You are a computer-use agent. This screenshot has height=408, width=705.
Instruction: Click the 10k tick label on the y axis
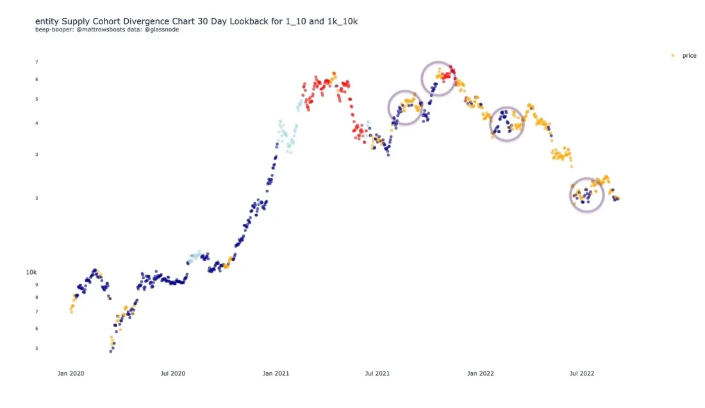(x=31, y=272)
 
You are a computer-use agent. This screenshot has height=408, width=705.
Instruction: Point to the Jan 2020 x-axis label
(x=70, y=373)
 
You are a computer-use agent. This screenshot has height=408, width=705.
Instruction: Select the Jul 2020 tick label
(x=172, y=373)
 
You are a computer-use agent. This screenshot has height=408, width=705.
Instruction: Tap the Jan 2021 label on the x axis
(x=276, y=373)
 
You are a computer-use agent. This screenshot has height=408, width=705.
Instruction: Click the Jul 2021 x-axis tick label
(x=377, y=373)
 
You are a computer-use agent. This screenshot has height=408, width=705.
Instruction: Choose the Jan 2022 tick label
(x=480, y=373)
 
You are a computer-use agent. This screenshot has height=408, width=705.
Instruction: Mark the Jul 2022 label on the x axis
(x=582, y=373)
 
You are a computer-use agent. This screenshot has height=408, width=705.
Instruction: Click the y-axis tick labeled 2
(x=37, y=198)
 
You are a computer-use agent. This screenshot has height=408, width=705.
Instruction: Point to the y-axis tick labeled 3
(x=37, y=155)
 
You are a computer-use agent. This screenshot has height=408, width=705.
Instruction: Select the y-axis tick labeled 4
(x=37, y=123)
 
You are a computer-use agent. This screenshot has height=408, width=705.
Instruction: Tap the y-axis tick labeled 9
(x=37, y=284)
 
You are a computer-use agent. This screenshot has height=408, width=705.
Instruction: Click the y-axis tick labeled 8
(x=37, y=297)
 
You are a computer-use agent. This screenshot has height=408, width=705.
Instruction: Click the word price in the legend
(x=689, y=56)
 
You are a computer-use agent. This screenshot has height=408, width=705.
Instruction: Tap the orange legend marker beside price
(x=672, y=56)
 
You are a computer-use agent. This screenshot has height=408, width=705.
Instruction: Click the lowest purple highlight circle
(x=587, y=195)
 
